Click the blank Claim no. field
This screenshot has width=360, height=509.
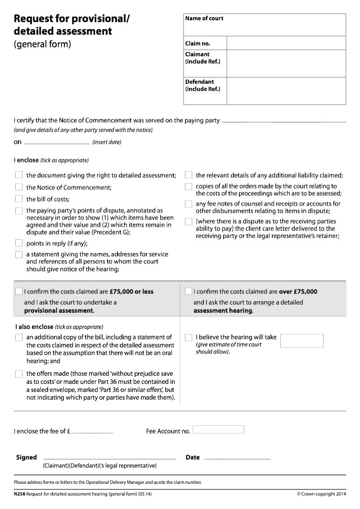(x=286, y=43)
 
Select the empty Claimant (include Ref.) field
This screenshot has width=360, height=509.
(x=286, y=63)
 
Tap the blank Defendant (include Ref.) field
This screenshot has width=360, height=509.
(x=286, y=91)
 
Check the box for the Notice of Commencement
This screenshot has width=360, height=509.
(x=19, y=187)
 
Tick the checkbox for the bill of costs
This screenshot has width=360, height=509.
(x=19, y=198)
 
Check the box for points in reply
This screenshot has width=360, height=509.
(x=19, y=243)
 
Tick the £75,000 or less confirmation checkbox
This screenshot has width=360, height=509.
(x=18, y=291)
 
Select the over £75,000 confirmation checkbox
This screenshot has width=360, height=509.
(x=189, y=291)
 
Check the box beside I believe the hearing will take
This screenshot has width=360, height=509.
(x=189, y=337)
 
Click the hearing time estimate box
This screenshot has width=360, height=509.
(x=301, y=341)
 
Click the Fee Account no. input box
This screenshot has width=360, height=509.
(x=218, y=429)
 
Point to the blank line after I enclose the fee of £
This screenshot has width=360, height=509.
(x=92, y=432)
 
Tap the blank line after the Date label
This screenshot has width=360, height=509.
(x=237, y=458)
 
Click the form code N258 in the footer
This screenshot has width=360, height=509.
(x=19, y=494)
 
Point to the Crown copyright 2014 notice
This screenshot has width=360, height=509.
(x=321, y=494)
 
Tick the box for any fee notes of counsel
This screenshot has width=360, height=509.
(x=189, y=204)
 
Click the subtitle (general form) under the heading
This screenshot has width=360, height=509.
(x=42, y=44)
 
